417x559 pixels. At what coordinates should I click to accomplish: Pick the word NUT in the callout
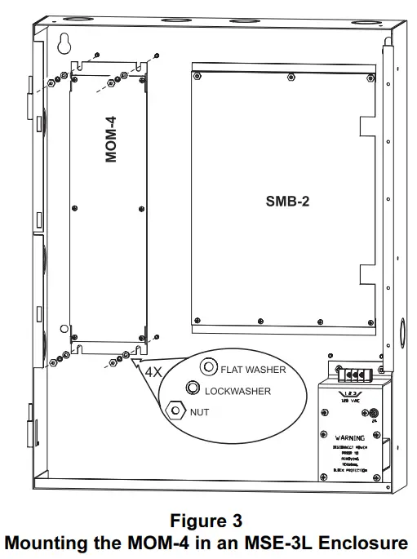tap(200, 412)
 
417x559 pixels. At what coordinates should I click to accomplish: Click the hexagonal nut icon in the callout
tap(174, 410)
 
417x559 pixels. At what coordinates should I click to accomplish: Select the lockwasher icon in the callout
tap(193, 388)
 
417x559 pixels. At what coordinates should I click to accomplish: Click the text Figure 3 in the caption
tap(207, 520)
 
